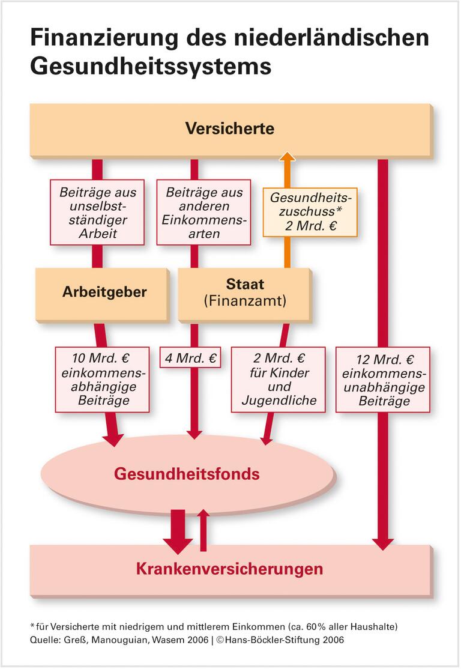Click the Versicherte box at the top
[x=230, y=129]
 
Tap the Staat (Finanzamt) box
[x=244, y=292]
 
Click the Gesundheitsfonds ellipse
[x=187, y=474]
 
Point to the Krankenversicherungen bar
[x=230, y=568]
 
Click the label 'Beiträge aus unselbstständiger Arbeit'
[x=97, y=213]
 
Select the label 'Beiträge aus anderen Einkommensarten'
[x=203, y=213]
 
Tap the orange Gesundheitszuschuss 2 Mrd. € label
[x=310, y=212]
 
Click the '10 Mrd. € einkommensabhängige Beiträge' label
[x=102, y=379]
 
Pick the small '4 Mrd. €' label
[x=190, y=359]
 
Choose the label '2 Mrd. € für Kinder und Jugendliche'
[x=278, y=379]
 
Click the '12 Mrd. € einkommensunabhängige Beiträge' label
[x=382, y=379]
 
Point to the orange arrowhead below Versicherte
[x=288, y=158]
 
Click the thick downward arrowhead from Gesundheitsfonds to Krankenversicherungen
[x=178, y=543]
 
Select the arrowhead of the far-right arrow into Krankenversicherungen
[x=382, y=543]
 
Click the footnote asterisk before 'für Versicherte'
[x=32, y=626]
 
